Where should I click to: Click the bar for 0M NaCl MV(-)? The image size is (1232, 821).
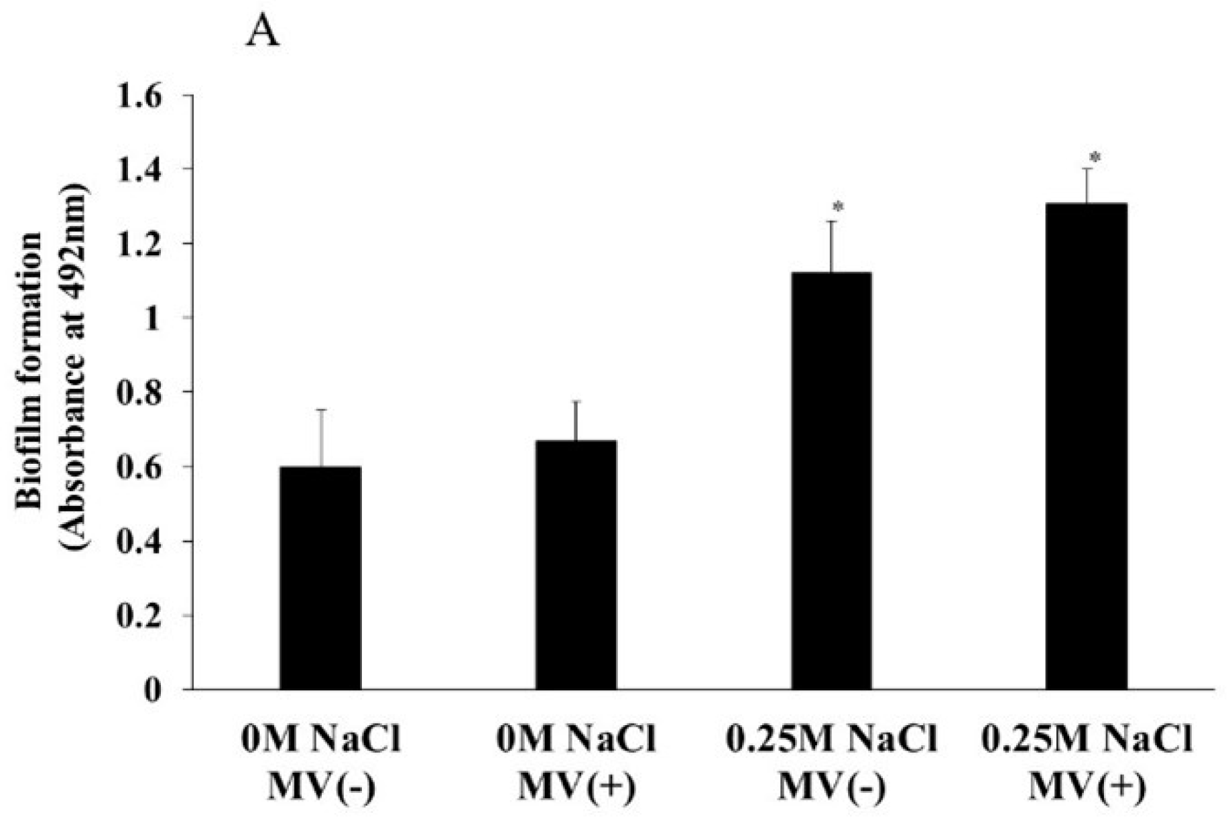pos(320,578)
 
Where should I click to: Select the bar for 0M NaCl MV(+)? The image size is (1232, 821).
pos(575,565)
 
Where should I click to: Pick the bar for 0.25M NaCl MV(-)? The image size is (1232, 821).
pos(831,481)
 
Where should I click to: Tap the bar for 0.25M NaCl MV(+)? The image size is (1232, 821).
pos(1087,446)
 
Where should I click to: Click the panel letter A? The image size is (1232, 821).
pos(262,32)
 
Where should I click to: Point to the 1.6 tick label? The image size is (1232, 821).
pos(140,95)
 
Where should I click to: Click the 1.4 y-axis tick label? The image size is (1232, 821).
pos(140,169)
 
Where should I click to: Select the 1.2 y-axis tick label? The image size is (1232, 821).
pos(140,243)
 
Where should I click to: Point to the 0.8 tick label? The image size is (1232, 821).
pos(140,392)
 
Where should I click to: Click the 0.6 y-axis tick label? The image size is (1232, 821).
pos(140,466)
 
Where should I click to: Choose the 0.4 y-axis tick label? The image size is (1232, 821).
pos(140,541)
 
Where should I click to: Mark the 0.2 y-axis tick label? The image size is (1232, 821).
pos(140,615)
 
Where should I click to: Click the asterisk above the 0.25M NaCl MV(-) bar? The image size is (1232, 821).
pos(837,206)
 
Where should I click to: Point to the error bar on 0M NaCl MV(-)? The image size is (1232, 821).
pos(321,438)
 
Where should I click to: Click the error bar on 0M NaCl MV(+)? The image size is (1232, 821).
pos(575,420)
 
